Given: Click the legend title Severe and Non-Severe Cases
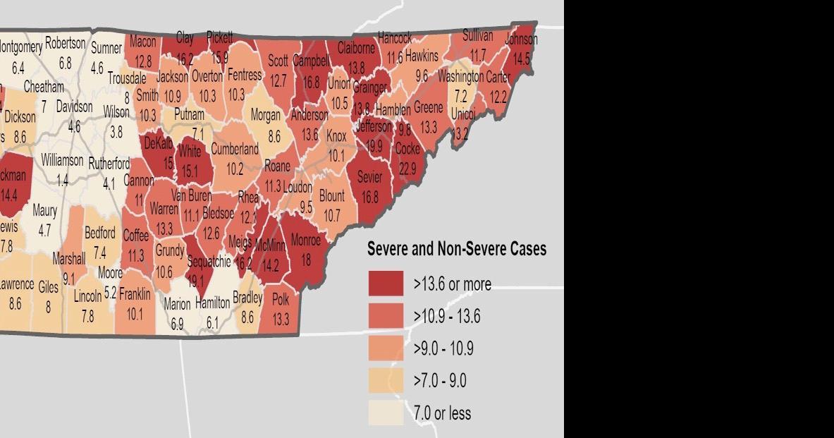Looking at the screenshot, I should (x=457, y=249).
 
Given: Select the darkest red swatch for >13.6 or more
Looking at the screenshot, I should (x=386, y=284).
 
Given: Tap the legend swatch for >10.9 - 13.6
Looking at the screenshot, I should (x=386, y=316).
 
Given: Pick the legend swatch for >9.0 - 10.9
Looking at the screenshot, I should (x=386, y=348).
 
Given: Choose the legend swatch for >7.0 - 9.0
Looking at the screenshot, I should (x=386, y=381).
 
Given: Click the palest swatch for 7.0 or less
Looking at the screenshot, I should (x=386, y=413).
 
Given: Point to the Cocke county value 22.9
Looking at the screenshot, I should (x=407, y=169).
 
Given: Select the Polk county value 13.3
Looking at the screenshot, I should (x=281, y=319).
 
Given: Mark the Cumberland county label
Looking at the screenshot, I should (x=235, y=150).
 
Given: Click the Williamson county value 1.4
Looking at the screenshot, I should (x=63, y=181).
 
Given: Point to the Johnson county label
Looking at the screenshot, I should (x=521, y=39).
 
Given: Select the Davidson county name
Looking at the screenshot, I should (x=74, y=107).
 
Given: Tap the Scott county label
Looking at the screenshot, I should (x=278, y=61).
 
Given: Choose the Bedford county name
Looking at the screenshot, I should (x=99, y=233).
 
